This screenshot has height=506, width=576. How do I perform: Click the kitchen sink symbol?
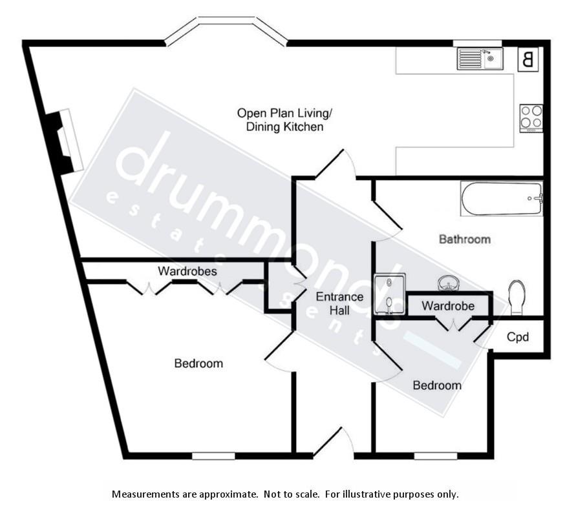480,59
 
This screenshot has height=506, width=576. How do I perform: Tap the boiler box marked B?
528,60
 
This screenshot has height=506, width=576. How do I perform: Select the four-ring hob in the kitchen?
531,117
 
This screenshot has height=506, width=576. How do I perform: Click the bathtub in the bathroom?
501,199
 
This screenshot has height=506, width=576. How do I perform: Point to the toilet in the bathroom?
517,298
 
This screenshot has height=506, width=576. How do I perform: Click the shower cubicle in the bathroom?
390,294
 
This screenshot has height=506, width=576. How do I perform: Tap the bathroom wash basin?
447,283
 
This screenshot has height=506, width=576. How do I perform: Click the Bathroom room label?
464,239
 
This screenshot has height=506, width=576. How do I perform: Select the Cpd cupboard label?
518,337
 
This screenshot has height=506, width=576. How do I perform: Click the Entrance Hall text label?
339,304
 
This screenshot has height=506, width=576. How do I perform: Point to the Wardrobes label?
187,271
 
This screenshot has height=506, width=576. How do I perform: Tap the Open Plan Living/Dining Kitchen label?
284,120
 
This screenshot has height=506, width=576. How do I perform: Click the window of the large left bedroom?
213,456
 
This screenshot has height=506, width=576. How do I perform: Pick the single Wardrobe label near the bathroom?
448,306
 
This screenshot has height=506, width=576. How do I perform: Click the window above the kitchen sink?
477,43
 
